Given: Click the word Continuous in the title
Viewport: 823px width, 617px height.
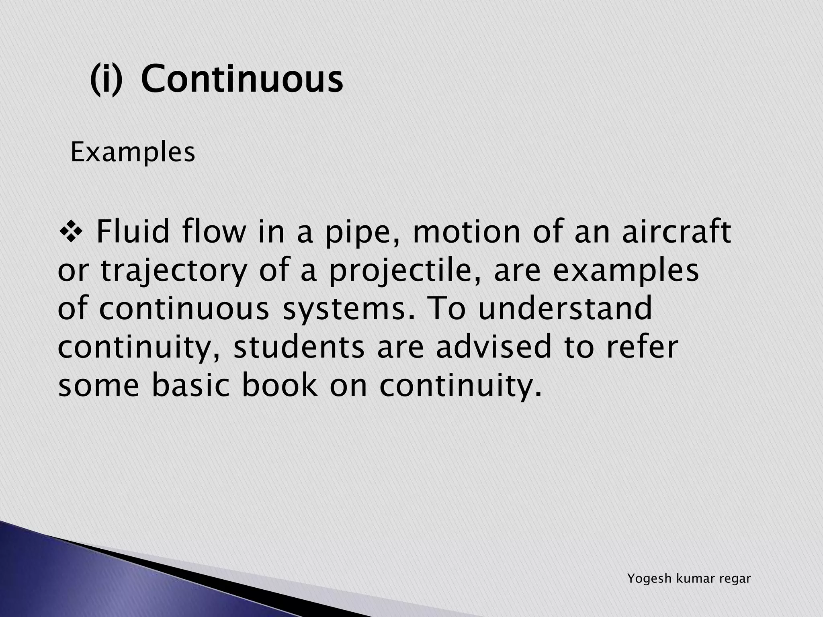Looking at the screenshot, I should pos(242,79).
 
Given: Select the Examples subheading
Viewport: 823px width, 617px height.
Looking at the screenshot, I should pos(133,153).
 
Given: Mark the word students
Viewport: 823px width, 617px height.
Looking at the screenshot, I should pos(299,347).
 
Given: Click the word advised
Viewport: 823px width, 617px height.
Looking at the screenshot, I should pos(494,347).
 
